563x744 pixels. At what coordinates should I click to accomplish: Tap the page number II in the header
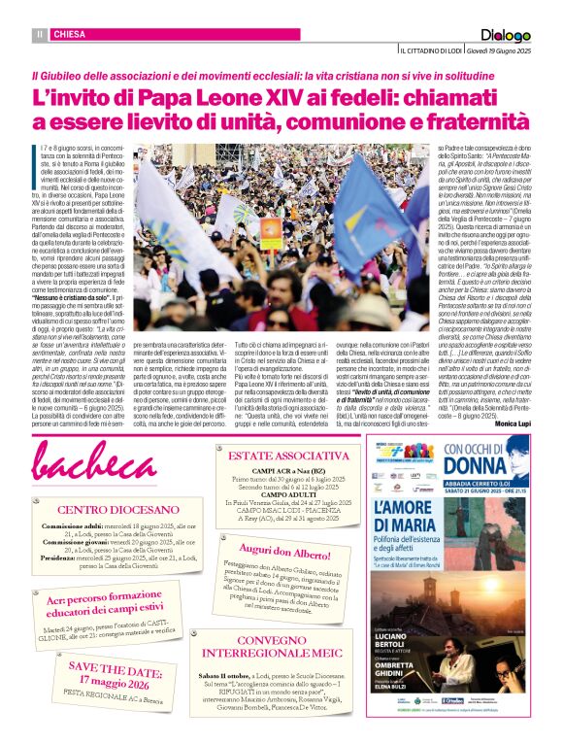[41, 35]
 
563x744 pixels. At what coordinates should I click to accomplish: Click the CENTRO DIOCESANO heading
[102, 509]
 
